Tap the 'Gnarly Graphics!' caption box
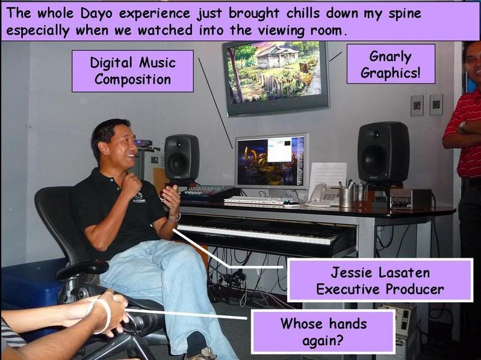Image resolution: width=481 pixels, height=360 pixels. coord(391,64)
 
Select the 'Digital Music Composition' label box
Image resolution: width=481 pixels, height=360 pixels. coord(132,71)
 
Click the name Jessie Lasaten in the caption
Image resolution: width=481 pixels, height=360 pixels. coord(380,272)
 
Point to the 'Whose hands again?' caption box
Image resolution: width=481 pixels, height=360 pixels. coord(323,331)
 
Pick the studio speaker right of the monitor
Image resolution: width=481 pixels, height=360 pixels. coord(383,153)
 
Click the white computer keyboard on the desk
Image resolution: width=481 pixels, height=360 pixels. coord(256,200)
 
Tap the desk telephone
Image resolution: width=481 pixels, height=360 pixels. coord(324,194)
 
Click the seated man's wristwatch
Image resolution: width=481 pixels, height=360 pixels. coord(175,218)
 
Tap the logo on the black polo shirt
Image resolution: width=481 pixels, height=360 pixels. coord(138,197)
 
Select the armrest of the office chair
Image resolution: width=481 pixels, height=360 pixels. coord(82,269)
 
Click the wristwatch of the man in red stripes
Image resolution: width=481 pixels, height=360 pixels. coord(462,126)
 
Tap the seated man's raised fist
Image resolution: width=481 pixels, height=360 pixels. coord(131,184)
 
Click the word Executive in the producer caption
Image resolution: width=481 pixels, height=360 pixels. coord(348,290)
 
